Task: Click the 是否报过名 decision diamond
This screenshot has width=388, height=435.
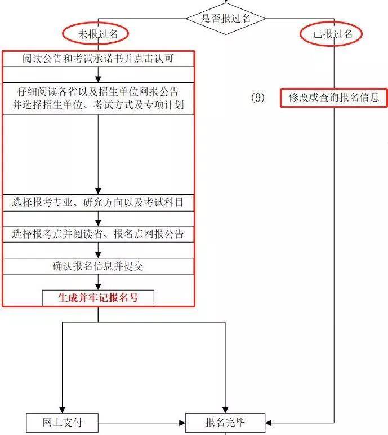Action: point(226,19)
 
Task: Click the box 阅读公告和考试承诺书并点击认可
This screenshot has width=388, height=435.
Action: point(98,59)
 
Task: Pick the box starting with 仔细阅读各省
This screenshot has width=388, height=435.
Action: point(98,99)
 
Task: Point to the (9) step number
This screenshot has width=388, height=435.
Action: point(257,98)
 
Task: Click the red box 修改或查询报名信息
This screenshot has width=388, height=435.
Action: point(334,98)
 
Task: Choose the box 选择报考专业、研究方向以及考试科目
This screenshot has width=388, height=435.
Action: point(98,203)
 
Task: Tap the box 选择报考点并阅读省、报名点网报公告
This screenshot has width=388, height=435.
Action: point(98,234)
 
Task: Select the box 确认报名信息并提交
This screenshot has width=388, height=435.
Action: point(98,266)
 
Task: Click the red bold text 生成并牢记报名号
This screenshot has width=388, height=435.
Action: point(98,298)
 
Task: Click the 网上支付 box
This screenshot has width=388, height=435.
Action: point(63,423)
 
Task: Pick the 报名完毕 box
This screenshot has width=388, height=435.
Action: point(225,423)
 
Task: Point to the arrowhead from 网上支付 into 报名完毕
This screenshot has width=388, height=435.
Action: point(182,423)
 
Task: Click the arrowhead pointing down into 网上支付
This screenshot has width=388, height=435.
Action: point(63,410)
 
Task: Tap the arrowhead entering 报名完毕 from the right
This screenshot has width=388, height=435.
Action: point(269,423)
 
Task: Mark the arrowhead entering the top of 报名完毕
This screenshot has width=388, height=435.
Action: point(225,410)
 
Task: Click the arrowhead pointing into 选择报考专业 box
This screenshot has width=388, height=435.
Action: point(98,191)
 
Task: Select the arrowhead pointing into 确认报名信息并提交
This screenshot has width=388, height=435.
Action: point(98,255)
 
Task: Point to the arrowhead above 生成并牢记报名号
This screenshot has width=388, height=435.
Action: point(98,287)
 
